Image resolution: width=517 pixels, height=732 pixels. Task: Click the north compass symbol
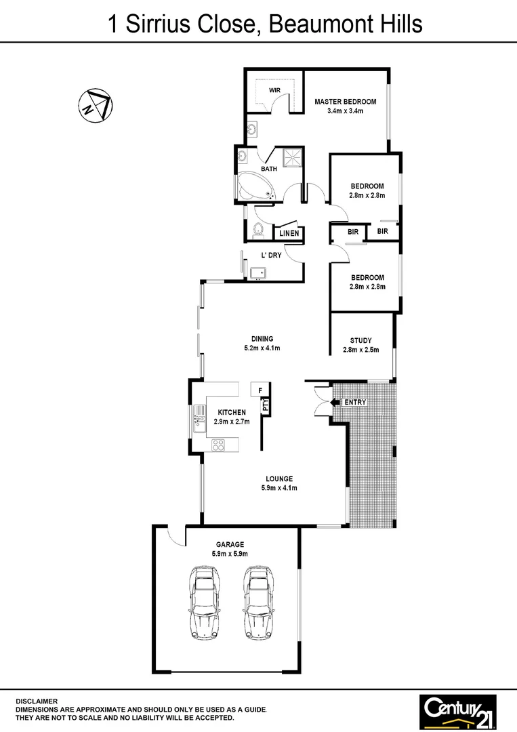(96, 105)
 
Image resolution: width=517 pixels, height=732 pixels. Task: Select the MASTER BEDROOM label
(345, 102)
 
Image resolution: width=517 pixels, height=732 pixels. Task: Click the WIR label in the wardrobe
(274, 90)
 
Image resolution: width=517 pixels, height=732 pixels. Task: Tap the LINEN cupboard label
(289, 234)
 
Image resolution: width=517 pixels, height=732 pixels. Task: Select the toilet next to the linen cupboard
(257, 231)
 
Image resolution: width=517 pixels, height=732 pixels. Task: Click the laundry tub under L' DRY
(257, 272)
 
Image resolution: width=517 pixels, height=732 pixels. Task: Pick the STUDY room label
(360, 340)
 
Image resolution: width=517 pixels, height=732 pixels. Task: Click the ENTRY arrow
(335, 403)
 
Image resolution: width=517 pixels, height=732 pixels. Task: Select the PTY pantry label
(266, 405)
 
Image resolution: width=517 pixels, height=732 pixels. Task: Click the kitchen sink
(199, 418)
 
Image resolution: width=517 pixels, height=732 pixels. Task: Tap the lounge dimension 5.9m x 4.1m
(279, 488)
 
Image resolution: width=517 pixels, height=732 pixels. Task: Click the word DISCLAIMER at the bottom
(37, 701)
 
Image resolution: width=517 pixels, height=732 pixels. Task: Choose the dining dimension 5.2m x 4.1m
(262, 348)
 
